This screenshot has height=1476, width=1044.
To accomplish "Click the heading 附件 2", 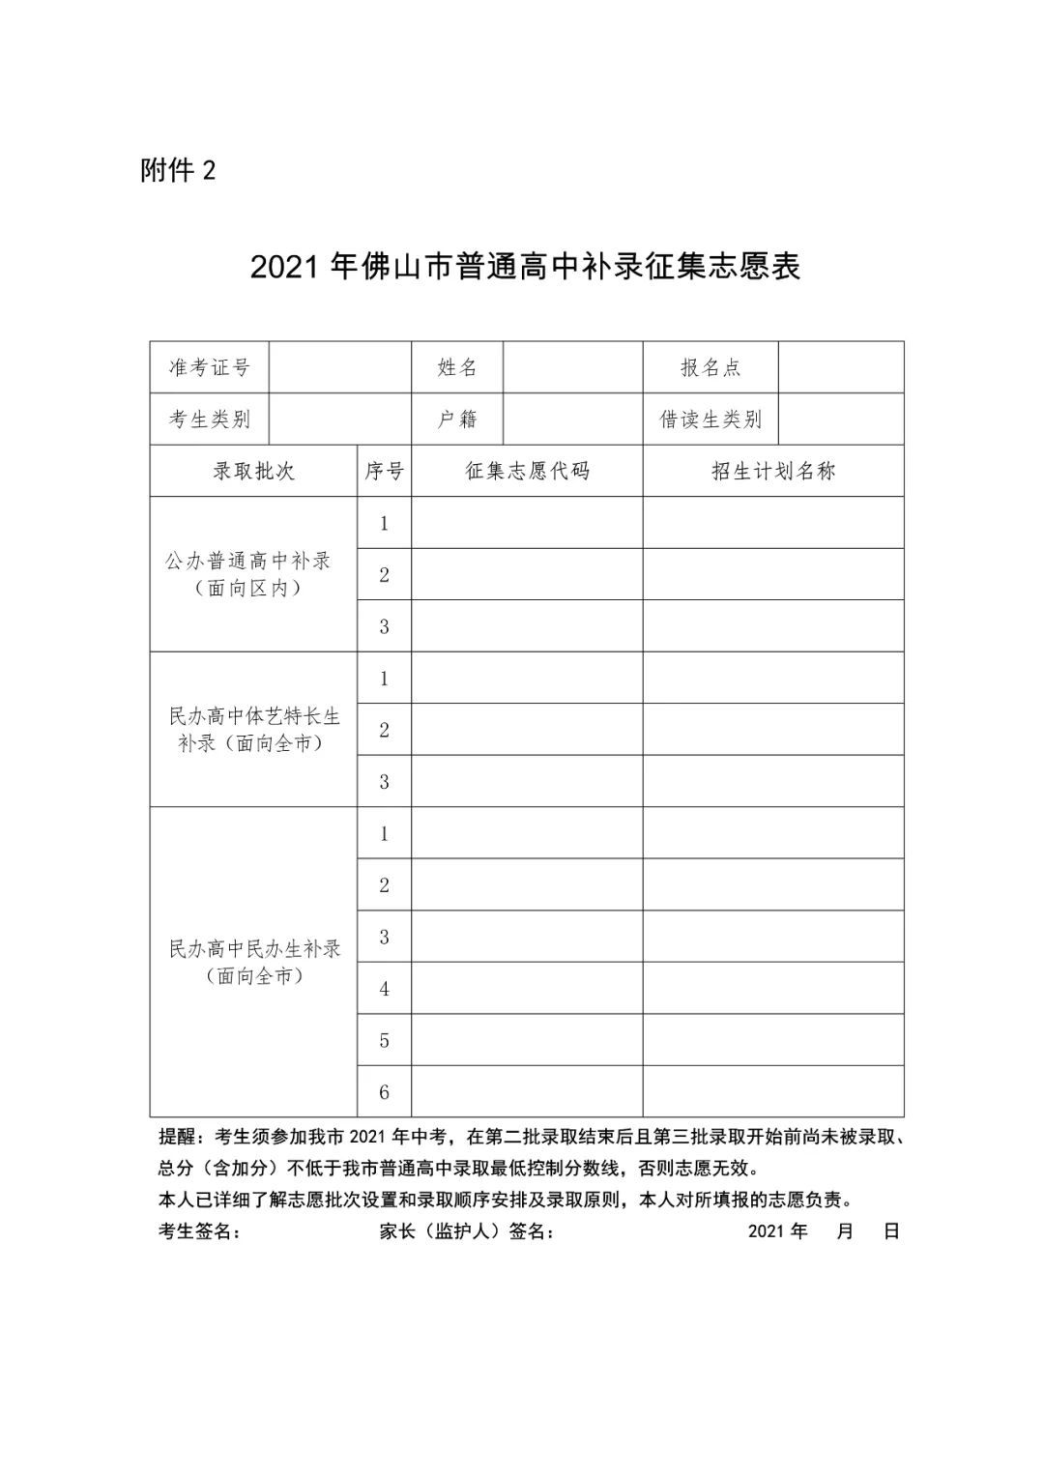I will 178,171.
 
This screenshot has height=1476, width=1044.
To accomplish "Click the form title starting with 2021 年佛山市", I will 525,268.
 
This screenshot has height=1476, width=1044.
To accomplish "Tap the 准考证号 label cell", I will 210,367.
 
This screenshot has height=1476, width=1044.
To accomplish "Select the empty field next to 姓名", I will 572,367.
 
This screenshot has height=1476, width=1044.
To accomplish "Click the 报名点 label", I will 710,367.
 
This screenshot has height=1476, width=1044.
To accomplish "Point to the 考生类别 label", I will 210,420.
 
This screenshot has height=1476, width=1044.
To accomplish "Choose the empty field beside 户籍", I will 572,420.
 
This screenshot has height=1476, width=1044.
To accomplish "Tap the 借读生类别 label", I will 710,420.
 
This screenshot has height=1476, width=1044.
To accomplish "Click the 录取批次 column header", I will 253,472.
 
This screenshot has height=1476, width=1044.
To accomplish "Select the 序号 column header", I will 384,472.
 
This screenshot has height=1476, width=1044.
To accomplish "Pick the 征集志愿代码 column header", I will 527,472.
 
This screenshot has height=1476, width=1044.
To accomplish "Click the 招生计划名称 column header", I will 773,472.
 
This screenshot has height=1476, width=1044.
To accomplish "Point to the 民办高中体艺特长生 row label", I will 254,716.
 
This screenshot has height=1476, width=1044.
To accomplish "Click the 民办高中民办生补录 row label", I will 254,949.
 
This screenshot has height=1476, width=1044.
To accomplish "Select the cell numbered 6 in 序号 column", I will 384,1092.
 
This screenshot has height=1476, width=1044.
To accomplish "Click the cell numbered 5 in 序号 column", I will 384,1040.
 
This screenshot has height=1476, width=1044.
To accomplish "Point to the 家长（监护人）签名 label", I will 468,1231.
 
